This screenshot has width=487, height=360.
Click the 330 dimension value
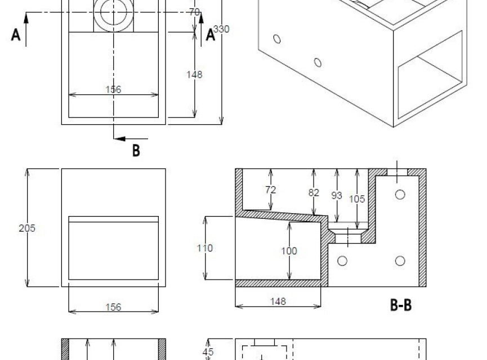(221, 29)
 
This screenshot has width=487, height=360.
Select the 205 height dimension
(27, 228)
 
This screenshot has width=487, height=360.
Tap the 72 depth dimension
(270, 190)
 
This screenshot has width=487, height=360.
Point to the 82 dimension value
(314, 193)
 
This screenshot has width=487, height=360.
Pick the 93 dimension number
(337, 196)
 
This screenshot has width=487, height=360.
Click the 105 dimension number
(357, 199)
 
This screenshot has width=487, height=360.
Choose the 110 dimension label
(205, 248)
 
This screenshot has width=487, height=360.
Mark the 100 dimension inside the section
(289, 251)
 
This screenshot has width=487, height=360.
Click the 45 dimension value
(208, 352)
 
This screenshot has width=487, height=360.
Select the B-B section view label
(401, 305)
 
